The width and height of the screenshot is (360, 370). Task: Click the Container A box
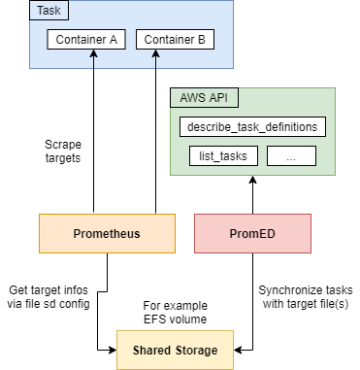(x=86, y=42)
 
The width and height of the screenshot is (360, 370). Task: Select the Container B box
(x=175, y=42)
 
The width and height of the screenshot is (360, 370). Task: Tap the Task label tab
(x=47, y=12)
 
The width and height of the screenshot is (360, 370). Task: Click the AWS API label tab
(x=206, y=99)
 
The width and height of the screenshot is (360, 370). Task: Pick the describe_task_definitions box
(x=252, y=127)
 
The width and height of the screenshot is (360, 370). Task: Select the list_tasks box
(x=222, y=155)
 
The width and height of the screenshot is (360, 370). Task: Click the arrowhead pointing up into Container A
(x=94, y=57)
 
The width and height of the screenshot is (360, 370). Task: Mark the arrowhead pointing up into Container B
(x=155, y=57)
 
